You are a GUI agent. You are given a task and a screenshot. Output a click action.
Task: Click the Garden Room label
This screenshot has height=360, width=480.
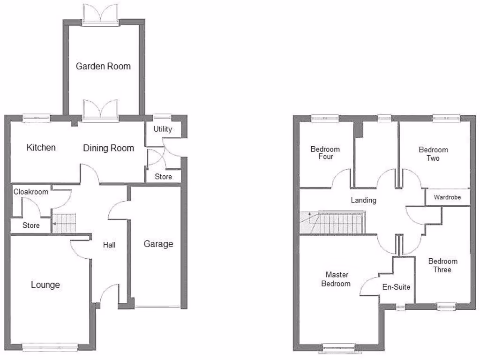pyautogui.click(x=103, y=66)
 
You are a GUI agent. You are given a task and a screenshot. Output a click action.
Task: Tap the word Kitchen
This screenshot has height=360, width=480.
pyautogui.click(x=41, y=148)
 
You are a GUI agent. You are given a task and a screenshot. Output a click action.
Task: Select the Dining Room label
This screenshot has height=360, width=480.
pyautogui.click(x=109, y=148)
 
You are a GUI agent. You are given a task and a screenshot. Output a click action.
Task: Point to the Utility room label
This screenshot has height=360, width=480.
pyautogui.click(x=163, y=129)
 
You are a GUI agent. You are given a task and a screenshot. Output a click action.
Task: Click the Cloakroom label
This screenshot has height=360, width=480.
pyautogui.click(x=31, y=192)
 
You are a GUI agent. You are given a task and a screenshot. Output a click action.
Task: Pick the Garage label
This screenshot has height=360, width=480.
pyautogui.click(x=158, y=244)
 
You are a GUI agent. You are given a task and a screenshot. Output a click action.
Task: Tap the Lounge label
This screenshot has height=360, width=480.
pyautogui.click(x=45, y=285)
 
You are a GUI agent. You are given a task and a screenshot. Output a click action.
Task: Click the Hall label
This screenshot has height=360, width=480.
pyautogui.click(x=109, y=245)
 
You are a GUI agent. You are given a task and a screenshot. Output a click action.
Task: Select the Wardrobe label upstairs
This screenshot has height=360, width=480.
pyautogui.click(x=447, y=197)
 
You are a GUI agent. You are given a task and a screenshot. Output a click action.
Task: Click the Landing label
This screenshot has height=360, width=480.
pyautogui.click(x=364, y=200)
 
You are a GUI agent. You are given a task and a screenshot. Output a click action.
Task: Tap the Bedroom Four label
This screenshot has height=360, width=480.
pyautogui.click(x=325, y=153)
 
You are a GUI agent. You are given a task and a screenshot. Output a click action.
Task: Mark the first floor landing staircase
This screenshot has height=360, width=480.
pyautogui.click(x=334, y=222)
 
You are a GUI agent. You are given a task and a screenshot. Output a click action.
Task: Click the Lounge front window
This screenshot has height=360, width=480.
pyautogui.click(x=49, y=346)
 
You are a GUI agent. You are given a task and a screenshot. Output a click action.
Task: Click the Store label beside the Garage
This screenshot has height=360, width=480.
pyautogui.click(x=163, y=177)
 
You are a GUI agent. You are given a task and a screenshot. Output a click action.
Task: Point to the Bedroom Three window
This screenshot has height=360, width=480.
pyautogui.click(x=446, y=307)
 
